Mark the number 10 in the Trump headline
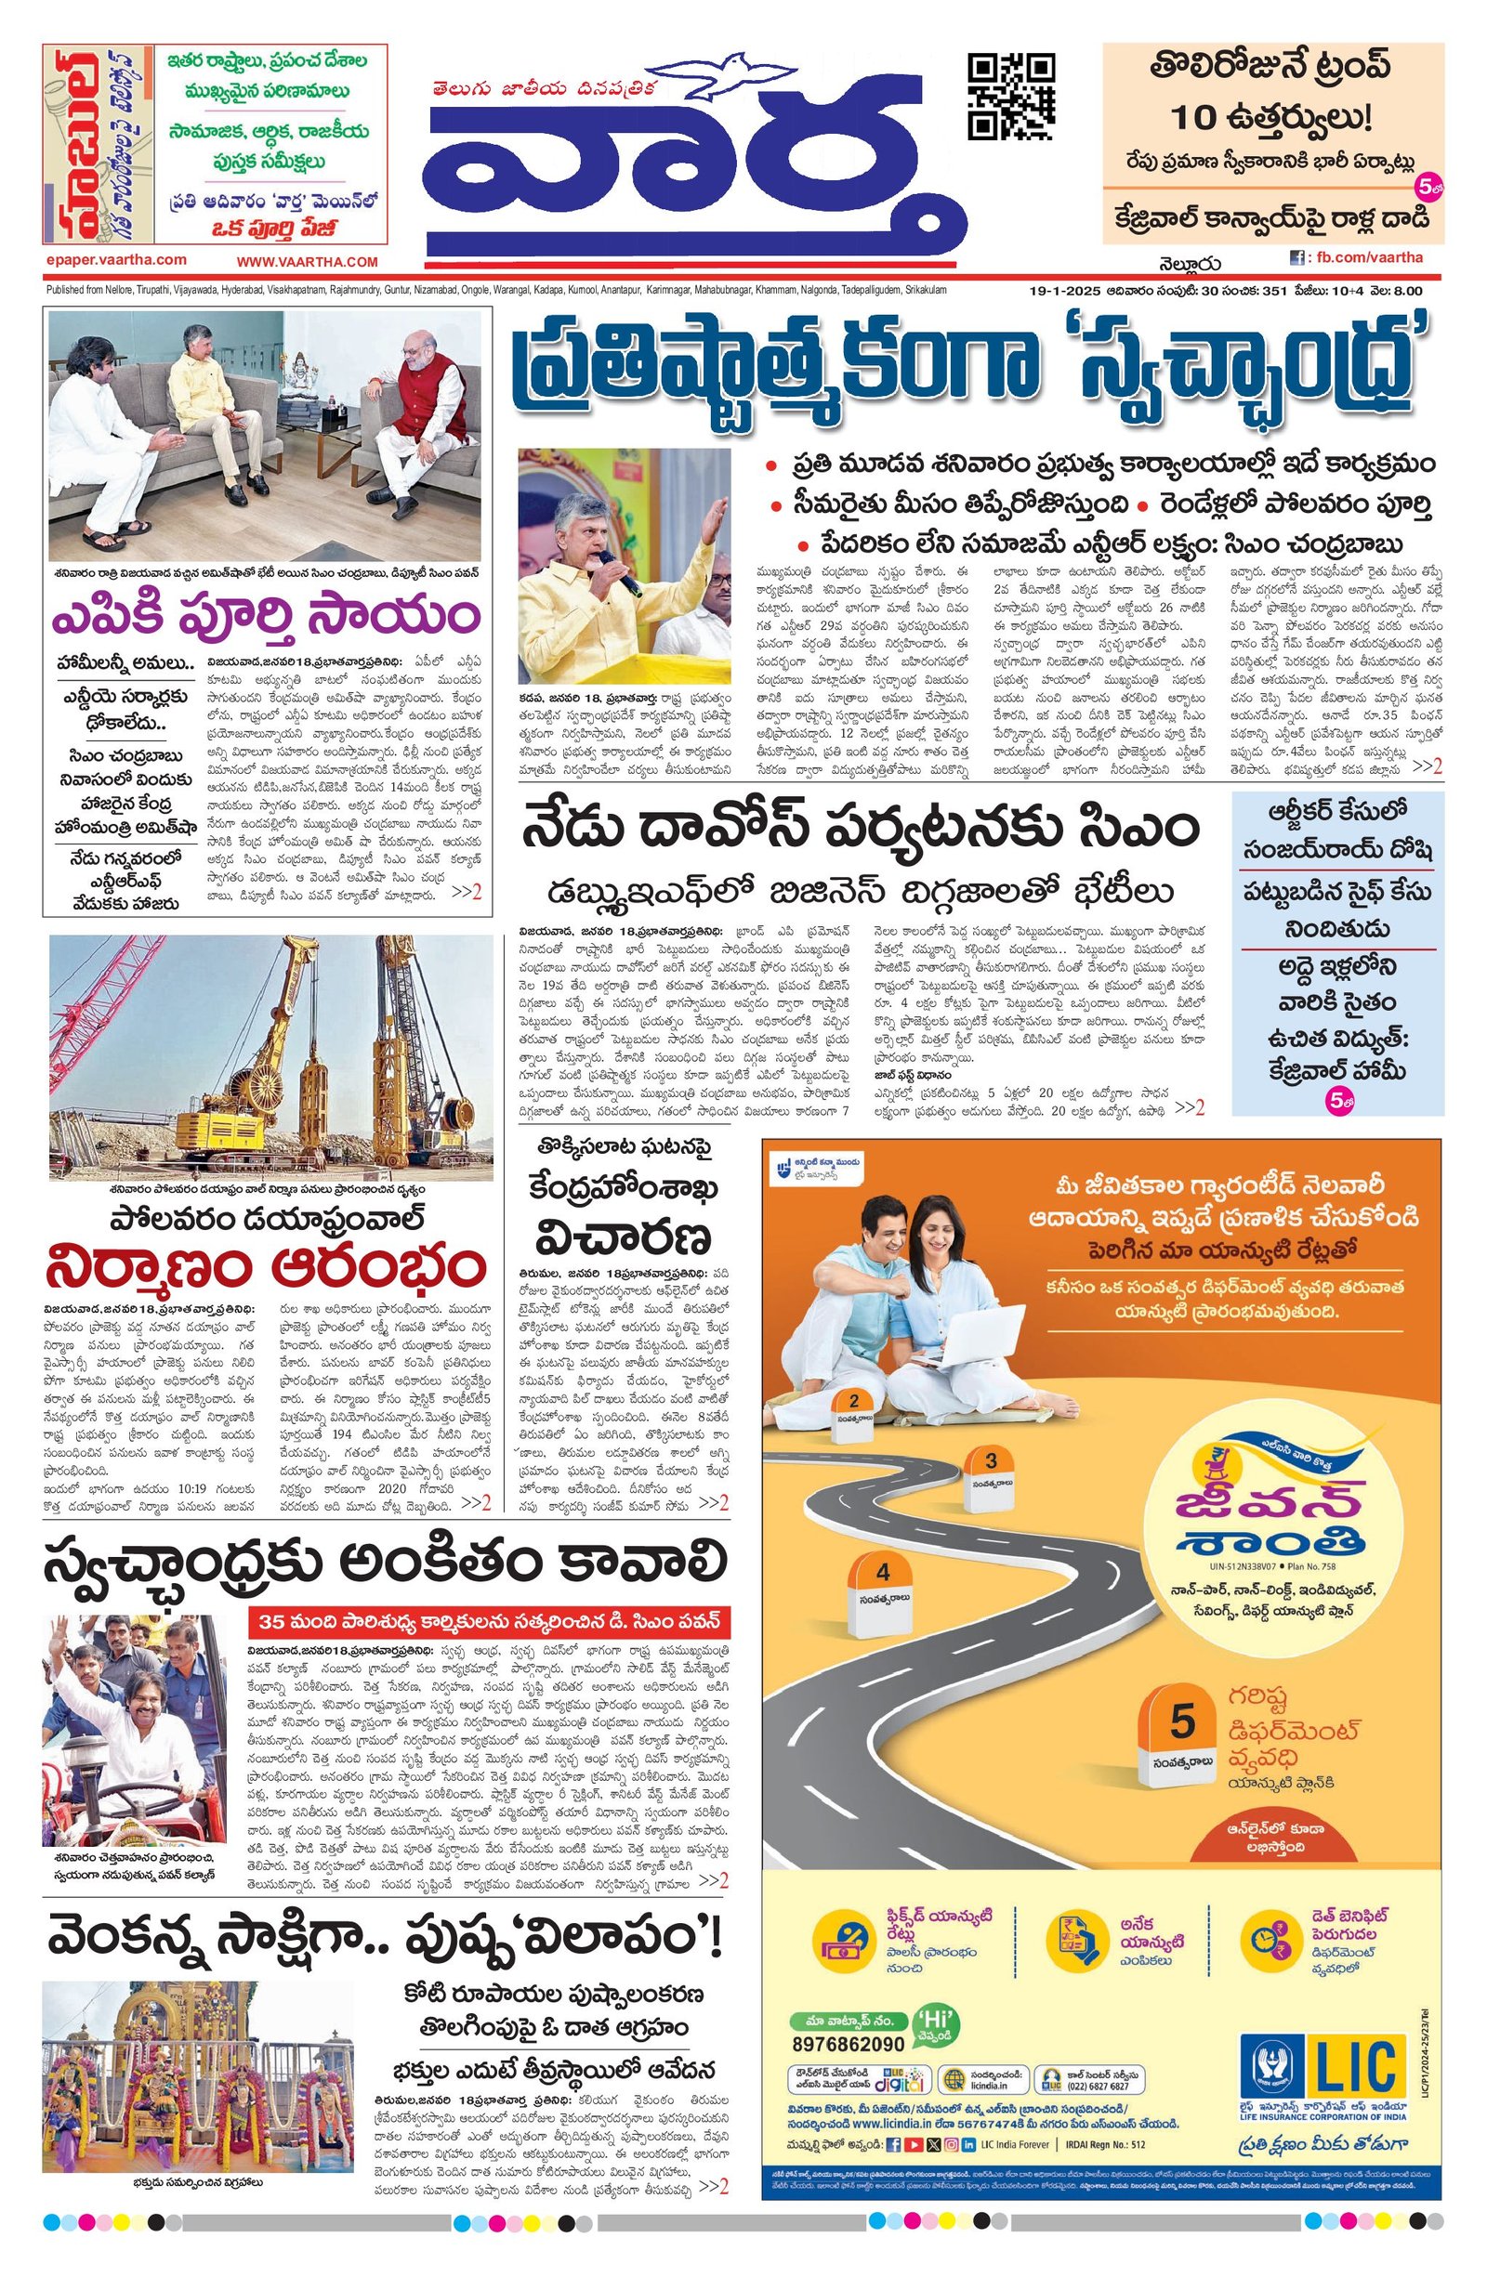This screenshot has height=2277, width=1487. (x=1198, y=119)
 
